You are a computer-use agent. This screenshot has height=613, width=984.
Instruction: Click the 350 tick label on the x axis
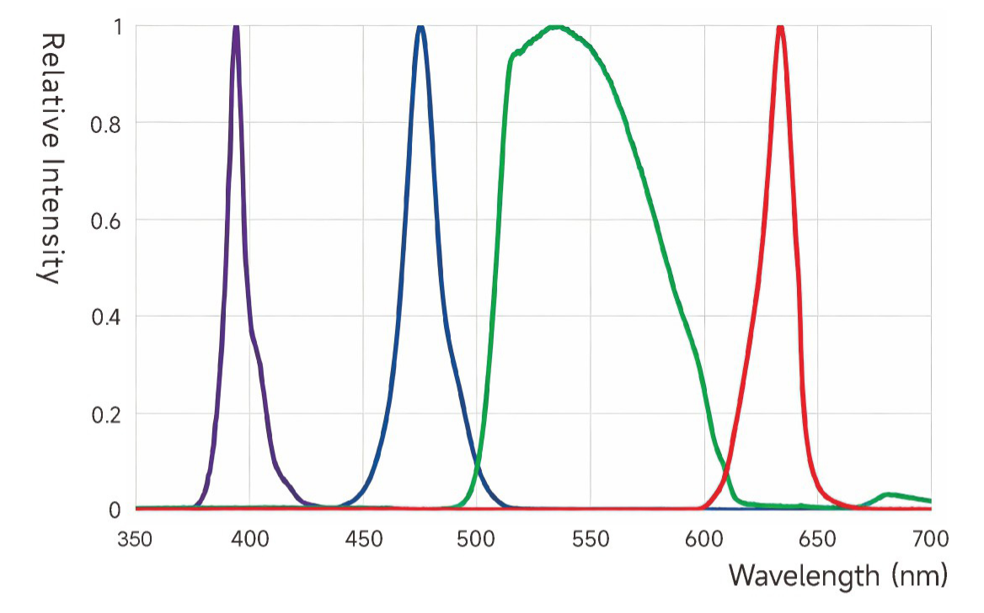(x=135, y=539)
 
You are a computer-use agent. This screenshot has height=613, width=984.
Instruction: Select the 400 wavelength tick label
(x=249, y=539)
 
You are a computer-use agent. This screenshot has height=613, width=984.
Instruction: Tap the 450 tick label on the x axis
(x=363, y=539)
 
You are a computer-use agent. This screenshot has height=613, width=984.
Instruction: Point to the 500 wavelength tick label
(x=477, y=539)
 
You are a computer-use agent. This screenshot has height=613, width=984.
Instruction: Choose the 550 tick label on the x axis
(x=591, y=539)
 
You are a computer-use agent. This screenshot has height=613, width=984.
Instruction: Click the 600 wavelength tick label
(x=704, y=539)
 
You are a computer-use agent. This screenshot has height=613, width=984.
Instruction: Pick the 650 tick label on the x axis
(x=817, y=539)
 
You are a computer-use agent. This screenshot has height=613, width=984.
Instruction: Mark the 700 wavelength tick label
(x=930, y=539)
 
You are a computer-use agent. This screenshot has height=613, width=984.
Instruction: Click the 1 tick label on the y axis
(x=117, y=27)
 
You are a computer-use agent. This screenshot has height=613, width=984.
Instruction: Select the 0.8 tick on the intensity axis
(x=108, y=124)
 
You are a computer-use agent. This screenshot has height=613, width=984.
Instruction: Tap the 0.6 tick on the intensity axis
(x=108, y=221)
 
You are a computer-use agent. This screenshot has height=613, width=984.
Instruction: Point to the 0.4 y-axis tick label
(x=108, y=317)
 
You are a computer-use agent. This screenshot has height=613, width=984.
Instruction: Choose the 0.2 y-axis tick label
(x=108, y=414)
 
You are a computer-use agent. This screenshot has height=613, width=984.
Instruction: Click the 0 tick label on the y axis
(x=116, y=510)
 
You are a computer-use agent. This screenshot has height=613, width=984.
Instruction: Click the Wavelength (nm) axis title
(x=838, y=576)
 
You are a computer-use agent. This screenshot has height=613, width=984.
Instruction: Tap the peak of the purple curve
(x=236, y=28)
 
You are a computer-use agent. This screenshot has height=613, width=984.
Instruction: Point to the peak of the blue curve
(x=420, y=28)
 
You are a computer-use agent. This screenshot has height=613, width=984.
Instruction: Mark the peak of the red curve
(x=780, y=28)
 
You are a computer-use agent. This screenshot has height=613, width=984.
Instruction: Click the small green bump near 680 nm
(x=888, y=494)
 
